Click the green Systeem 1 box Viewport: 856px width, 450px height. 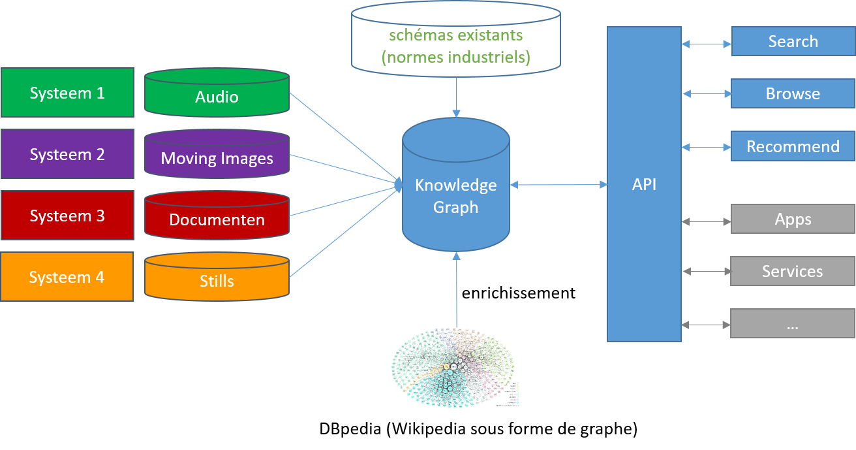tap(67, 93)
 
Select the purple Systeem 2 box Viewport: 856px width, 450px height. tap(67, 154)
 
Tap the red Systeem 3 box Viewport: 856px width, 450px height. tap(67, 216)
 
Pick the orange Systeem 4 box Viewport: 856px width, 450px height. tap(67, 277)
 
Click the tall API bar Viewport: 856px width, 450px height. tap(644, 184)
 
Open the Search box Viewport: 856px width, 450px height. tap(793, 41)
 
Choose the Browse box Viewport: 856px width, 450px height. tap(793, 93)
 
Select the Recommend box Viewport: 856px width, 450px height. tap(793, 146)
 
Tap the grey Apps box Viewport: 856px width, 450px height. tap(793, 219)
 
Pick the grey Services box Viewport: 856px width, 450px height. tap(793, 271)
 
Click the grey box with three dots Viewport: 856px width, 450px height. tap(793, 323)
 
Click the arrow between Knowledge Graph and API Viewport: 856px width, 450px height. tap(558, 185)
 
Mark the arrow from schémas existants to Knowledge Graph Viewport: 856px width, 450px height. tap(456, 94)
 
